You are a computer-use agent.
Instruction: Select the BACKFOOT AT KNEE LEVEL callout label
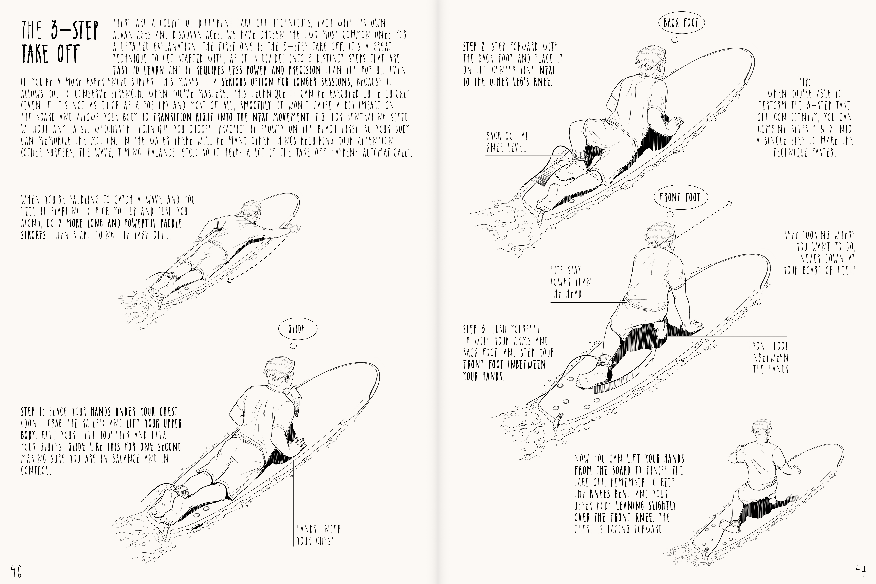(507, 142)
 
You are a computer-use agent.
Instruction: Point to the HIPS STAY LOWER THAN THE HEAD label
(571, 282)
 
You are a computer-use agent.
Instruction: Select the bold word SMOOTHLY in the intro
(255, 105)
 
